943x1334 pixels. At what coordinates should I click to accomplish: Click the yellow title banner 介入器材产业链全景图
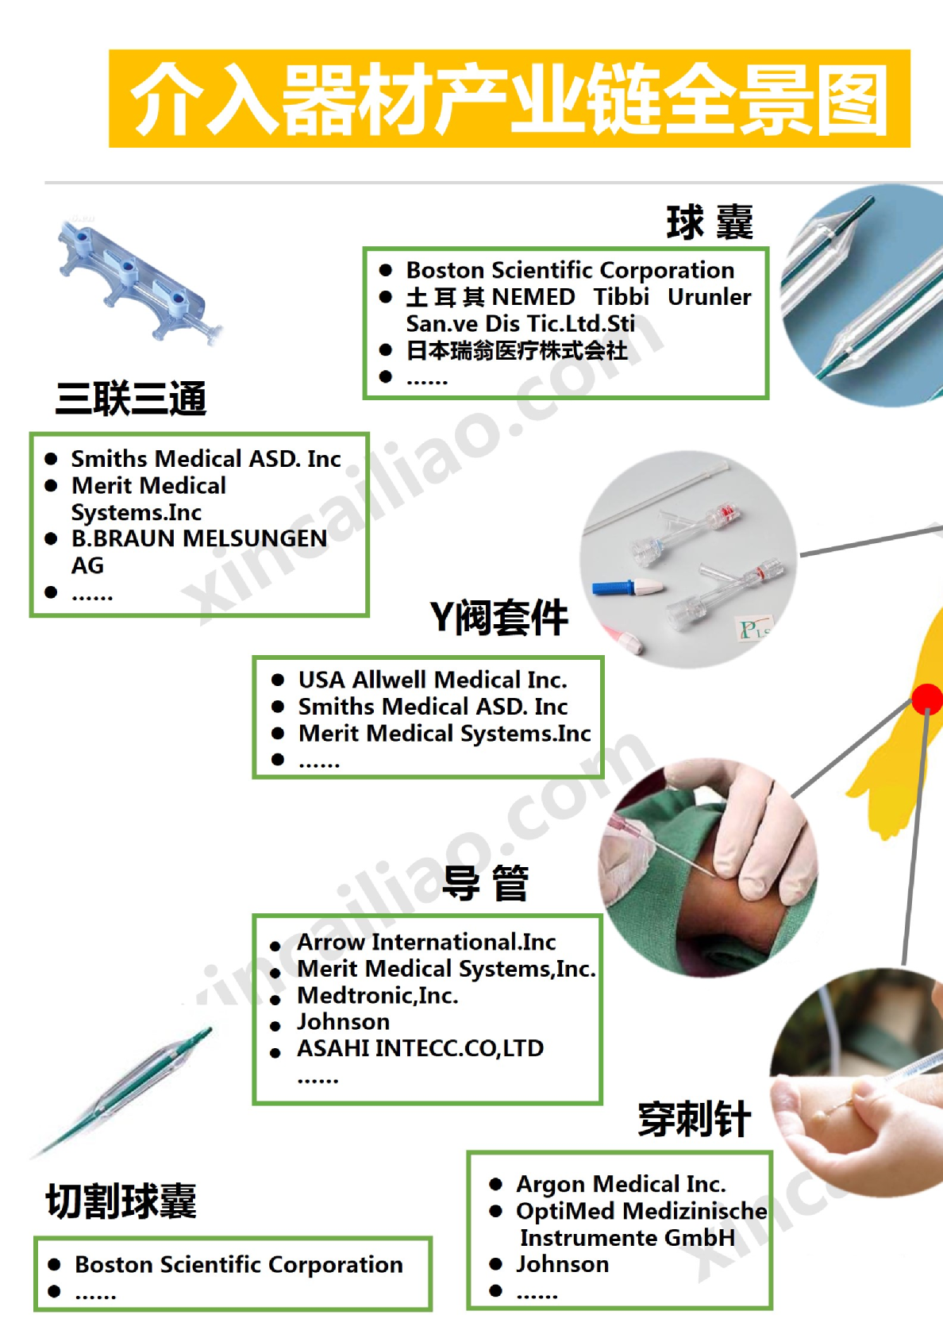coord(509,98)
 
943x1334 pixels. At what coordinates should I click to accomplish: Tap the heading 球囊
coord(709,222)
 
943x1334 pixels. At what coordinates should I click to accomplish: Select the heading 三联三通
coord(131,398)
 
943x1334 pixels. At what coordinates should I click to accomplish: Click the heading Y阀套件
coord(498,617)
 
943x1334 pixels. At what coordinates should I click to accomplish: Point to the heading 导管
coord(485,882)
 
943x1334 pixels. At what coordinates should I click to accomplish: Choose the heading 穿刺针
coord(694,1120)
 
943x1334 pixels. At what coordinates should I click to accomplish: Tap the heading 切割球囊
coord(121,1201)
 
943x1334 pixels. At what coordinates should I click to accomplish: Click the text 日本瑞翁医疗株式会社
coord(516,350)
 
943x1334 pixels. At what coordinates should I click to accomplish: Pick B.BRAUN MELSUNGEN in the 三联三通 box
coord(198,538)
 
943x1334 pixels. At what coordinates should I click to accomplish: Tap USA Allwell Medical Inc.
coord(432,680)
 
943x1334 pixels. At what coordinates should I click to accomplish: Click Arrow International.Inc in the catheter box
coord(425,942)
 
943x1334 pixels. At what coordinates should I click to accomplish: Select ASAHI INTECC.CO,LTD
coord(420,1048)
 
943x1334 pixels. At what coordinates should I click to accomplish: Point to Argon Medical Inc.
coord(620,1184)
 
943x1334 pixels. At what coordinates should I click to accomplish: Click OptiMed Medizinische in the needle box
coord(641,1211)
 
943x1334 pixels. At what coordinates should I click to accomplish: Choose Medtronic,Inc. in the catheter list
coord(377,995)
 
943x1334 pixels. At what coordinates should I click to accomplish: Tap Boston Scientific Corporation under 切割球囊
coord(238,1264)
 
